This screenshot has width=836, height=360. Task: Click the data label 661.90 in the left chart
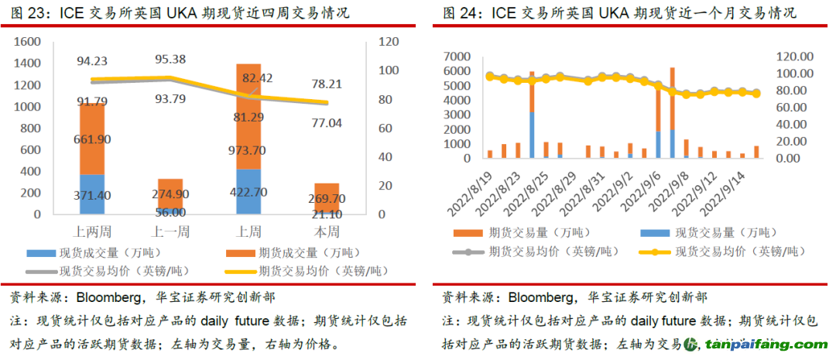click(91, 139)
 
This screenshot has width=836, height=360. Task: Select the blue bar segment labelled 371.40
click(91, 194)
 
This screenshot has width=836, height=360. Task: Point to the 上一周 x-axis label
click(170, 231)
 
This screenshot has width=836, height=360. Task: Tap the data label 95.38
click(170, 59)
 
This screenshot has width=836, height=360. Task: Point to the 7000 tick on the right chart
click(457, 57)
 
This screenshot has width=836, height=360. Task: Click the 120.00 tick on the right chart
click(795, 57)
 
